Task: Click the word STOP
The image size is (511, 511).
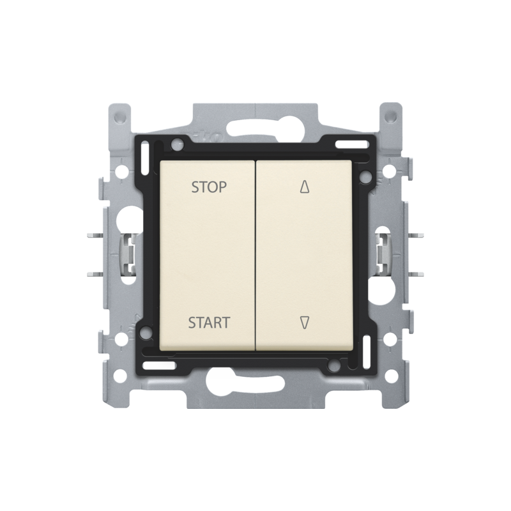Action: [x=209, y=187]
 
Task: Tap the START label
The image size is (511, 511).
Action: [x=210, y=323]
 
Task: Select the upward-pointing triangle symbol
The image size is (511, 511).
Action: [x=305, y=187]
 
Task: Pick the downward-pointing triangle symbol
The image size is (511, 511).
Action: [x=305, y=323]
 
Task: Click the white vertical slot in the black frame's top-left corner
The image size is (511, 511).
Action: [x=144, y=156]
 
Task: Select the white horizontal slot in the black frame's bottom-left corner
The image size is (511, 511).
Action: [x=159, y=365]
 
